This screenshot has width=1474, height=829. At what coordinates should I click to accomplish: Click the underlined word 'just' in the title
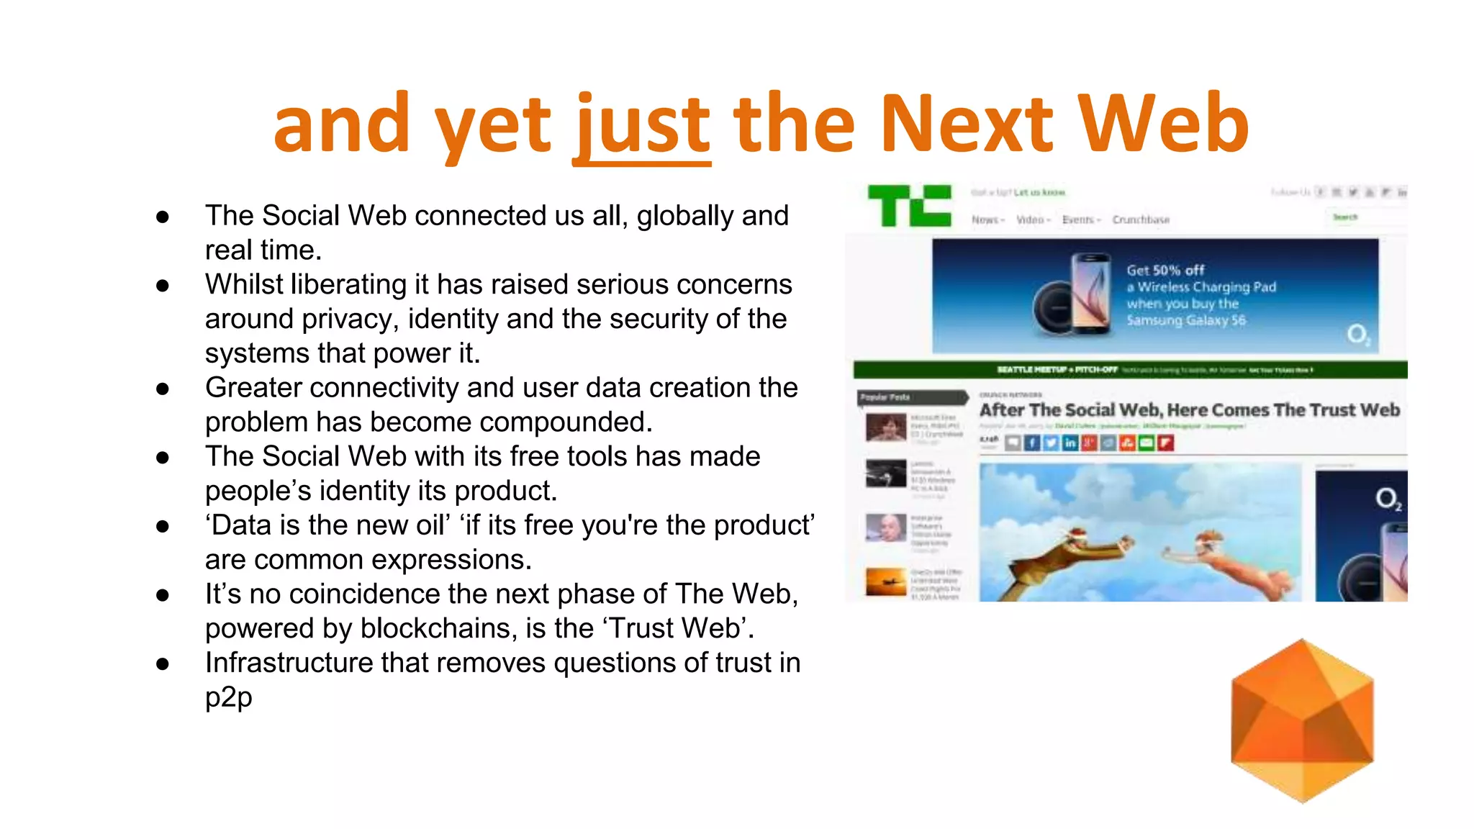click(642, 127)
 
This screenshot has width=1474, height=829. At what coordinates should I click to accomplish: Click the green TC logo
click(909, 205)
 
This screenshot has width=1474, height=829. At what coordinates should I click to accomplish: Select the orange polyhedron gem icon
click(1302, 720)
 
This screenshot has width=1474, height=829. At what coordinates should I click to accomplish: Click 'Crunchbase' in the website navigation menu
click(1141, 219)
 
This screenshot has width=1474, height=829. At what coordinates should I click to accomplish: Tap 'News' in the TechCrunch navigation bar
click(986, 219)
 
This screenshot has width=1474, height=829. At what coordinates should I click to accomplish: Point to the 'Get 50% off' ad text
click(1165, 271)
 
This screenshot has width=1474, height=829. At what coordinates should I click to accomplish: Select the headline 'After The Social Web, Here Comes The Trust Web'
click(1189, 410)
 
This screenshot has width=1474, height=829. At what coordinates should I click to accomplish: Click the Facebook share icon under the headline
click(1031, 443)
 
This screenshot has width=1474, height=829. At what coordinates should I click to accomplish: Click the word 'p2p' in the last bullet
click(229, 697)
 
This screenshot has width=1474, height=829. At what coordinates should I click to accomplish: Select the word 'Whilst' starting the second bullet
click(245, 284)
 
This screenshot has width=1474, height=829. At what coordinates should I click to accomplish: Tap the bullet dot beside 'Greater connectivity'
click(163, 389)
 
